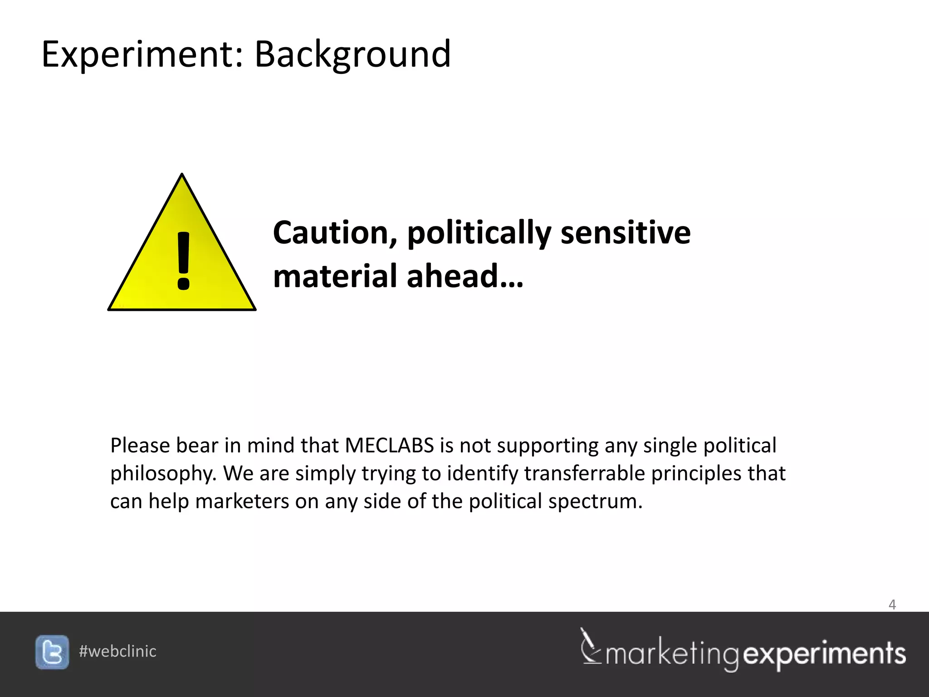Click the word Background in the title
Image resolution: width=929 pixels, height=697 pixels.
pos(352,54)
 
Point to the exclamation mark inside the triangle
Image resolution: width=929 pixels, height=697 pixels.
pos(183,261)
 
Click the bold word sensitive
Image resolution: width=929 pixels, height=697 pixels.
pos(626,233)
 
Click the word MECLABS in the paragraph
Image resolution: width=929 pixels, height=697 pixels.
pos(389,446)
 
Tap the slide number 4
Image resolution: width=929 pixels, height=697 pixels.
pos(892,605)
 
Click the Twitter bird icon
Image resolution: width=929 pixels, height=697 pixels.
pos(52,652)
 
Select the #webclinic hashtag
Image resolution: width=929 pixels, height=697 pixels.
pos(117,652)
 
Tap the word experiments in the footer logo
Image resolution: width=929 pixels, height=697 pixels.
pos(825,654)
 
